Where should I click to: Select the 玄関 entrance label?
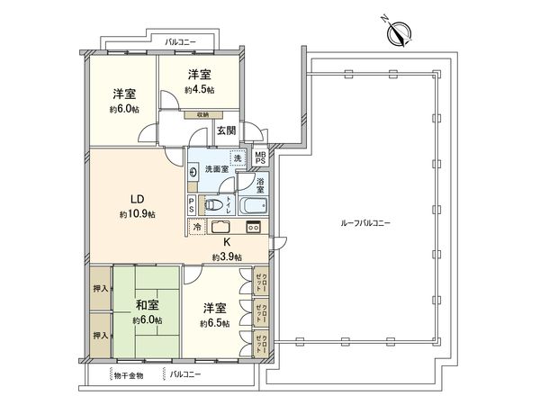[x=227, y=130]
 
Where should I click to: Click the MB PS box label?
[x=261, y=163]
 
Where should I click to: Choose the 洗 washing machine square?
[x=237, y=158]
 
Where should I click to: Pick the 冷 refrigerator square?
[x=197, y=228]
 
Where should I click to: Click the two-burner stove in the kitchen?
[x=253, y=227]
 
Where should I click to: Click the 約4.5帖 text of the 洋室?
[x=201, y=90]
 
